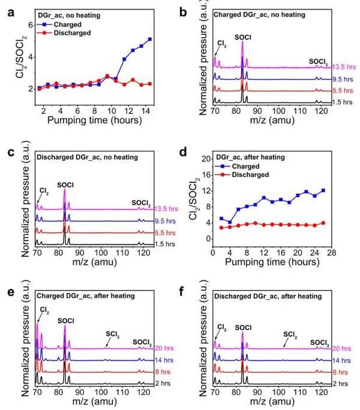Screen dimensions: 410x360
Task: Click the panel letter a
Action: [x=8, y=8]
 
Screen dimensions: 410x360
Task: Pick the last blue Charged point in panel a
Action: [x=149, y=40]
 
